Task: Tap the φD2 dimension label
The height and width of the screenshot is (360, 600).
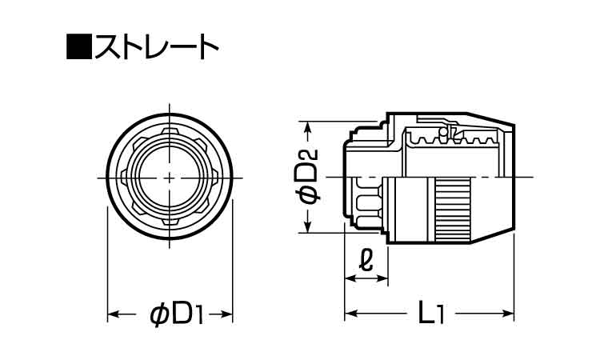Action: click(309, 178)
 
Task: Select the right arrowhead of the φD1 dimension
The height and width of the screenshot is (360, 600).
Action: click(228, 315)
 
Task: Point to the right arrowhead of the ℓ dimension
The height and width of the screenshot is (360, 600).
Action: click(385, 278)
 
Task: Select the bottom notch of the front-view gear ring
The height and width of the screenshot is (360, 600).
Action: click(170, 224)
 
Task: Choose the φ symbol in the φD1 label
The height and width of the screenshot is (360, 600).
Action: click(159, 315)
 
